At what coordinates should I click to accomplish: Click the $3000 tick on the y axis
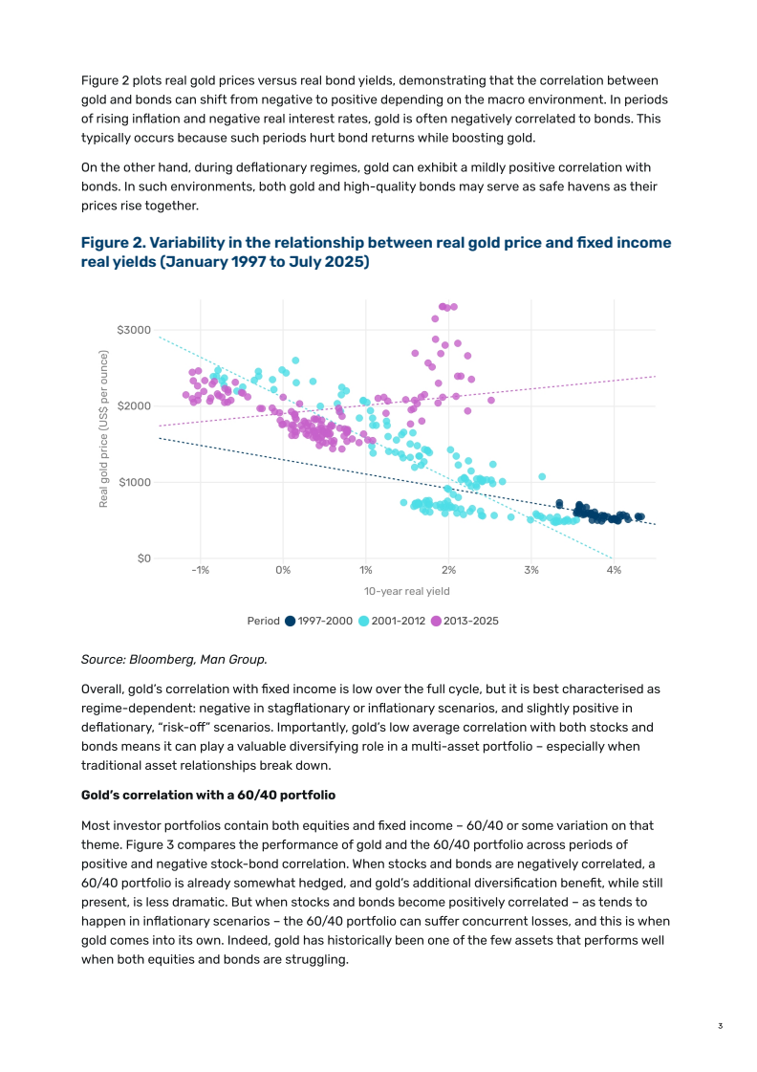pyautogui.click(x=134, y=330)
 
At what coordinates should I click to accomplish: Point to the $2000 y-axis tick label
pyautogui.click(x=134, y=406)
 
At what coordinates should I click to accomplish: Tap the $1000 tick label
pyautogui.click(x=134, y=482)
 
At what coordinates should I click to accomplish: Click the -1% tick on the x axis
pyautogui.click(x=201, y=570)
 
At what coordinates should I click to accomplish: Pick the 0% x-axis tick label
pyautogui.click(x=283, y=570)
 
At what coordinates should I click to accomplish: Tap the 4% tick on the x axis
pyautogui.click(x=614, y=570)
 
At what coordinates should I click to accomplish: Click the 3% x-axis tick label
pyautogui.click(x=531, y=570)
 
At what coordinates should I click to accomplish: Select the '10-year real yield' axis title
pyautogui.click(x=407, y=592)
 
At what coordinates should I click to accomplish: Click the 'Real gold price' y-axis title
pyautogui.click(x=104, y=428)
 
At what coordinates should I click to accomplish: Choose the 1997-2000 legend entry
pyautogui.click(x=318, y=621)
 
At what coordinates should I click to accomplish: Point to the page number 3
pyautogui.click(x=720, y=1026)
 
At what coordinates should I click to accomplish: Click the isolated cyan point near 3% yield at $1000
pyautogui.click(x=542, y=476)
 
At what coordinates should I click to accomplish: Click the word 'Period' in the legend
pyautogui.click(x=264, y=621)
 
